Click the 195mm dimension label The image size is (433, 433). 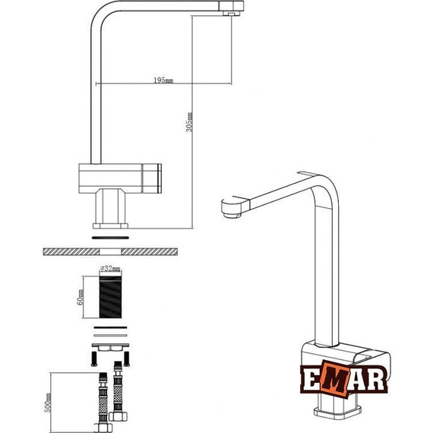tap(163, 79)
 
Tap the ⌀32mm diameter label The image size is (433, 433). tap(111, 269)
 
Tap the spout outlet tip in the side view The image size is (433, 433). tap(232, 10)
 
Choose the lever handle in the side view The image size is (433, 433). tap(156, 177)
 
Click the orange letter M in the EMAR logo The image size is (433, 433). tap(331, 379)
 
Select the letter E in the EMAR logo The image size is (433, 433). tap(309, 380)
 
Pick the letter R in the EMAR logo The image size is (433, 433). tap(378, 380)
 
